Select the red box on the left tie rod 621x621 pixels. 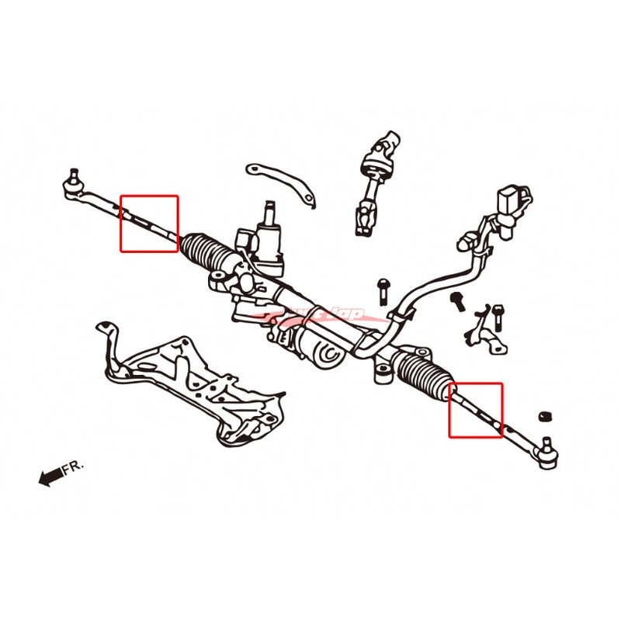(149, 224)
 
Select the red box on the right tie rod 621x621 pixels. (476, 410)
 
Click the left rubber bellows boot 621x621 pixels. (203, 253)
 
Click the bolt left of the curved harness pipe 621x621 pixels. (383, 291)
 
